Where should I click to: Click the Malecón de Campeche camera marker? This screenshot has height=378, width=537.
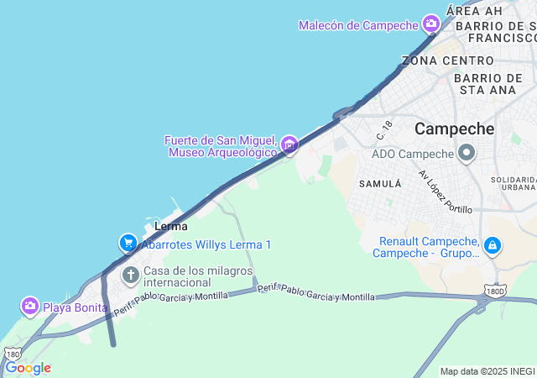coord(431,24)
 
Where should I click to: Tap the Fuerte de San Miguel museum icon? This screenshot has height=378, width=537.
coord(289,145)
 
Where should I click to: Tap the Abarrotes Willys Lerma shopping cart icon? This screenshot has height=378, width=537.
coord(128,244)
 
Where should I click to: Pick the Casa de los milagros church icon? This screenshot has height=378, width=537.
coord(130,275)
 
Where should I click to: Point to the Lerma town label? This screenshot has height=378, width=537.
coord(171,226)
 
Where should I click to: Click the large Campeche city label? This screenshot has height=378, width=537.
coord(455,129)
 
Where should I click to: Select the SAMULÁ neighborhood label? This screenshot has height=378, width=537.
coord(376,182)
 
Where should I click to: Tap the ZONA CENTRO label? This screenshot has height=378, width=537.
coord(448,60)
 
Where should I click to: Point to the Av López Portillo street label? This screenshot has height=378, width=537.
coord(445,192)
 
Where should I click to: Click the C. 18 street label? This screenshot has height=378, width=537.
coord(384,130)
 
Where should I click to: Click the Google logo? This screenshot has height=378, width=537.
coord(28,368)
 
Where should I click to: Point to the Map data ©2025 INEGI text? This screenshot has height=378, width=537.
coord(487,371)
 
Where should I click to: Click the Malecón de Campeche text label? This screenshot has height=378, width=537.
coord(359,25)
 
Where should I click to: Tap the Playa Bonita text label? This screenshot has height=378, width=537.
coord(76,307)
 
